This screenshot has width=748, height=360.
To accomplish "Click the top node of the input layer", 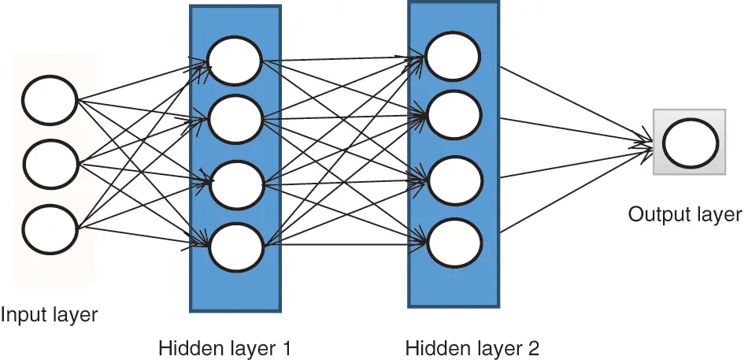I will pyautogui.click(x=50, y=100).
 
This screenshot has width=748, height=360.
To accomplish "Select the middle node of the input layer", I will pyautogui.click(x=50, y=164).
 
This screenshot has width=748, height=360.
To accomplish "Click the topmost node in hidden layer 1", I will pyautogui.click(x=235, y=61).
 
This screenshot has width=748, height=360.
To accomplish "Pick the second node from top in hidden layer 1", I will pyautogui.click(x=235, y=120).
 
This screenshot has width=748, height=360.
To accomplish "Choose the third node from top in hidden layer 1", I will pyautogui.click(x=235, y=184).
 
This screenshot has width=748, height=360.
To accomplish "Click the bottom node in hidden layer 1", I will pyautogui.click(x=235, y=247).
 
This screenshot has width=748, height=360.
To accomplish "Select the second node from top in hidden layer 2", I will pyautogui.click(x=453, y=115).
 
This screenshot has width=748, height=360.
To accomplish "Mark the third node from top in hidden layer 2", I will pyautogui.click(x=453, y=179).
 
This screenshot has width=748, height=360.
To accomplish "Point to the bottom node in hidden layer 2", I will pyautogui.click(x=453, y=239).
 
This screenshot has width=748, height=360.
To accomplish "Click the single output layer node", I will pyautogui.click(x=690, y=143).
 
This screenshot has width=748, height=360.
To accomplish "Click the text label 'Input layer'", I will pyautogui.click(x=49, y=315).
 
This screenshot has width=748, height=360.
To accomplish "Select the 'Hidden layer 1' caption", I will pyautogui.click(x=225, y=347).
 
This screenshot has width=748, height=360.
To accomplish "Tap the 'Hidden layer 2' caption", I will pyautogui.click(x=472, y=347).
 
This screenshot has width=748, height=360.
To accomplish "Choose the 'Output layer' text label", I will pyautogui.click(x=684, y=214).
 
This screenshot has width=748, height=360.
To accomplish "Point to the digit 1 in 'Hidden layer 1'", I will pyautogui.click(x=286, y=347).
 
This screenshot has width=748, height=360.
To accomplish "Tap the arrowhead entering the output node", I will pyautogui.click(x=647, y=143).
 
